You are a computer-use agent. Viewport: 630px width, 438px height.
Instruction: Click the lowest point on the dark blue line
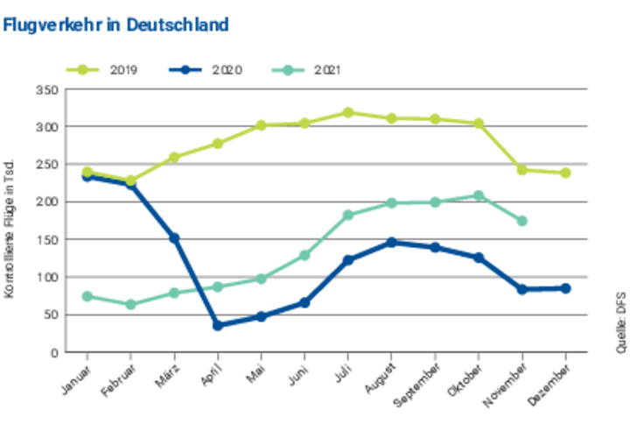coord(218,326)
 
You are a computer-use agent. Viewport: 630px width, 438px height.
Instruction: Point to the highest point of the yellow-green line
coord(348,112)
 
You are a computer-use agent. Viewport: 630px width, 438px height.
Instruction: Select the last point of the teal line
coord(522,222)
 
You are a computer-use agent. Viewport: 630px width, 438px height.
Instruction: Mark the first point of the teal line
coord(87,297)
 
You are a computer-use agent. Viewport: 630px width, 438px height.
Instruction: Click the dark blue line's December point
coord(565,288)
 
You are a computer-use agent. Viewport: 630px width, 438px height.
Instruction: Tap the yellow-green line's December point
coord(565,173)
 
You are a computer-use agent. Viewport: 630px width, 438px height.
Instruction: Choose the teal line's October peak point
coord(479,195)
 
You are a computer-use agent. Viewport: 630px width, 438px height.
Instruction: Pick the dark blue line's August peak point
coord(392,243)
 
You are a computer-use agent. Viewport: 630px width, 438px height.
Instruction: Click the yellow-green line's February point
coord(131,180)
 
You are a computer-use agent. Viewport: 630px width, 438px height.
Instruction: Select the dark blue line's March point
coord(174,237)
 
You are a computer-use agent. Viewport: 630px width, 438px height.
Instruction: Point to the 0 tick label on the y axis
coord(53,353)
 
